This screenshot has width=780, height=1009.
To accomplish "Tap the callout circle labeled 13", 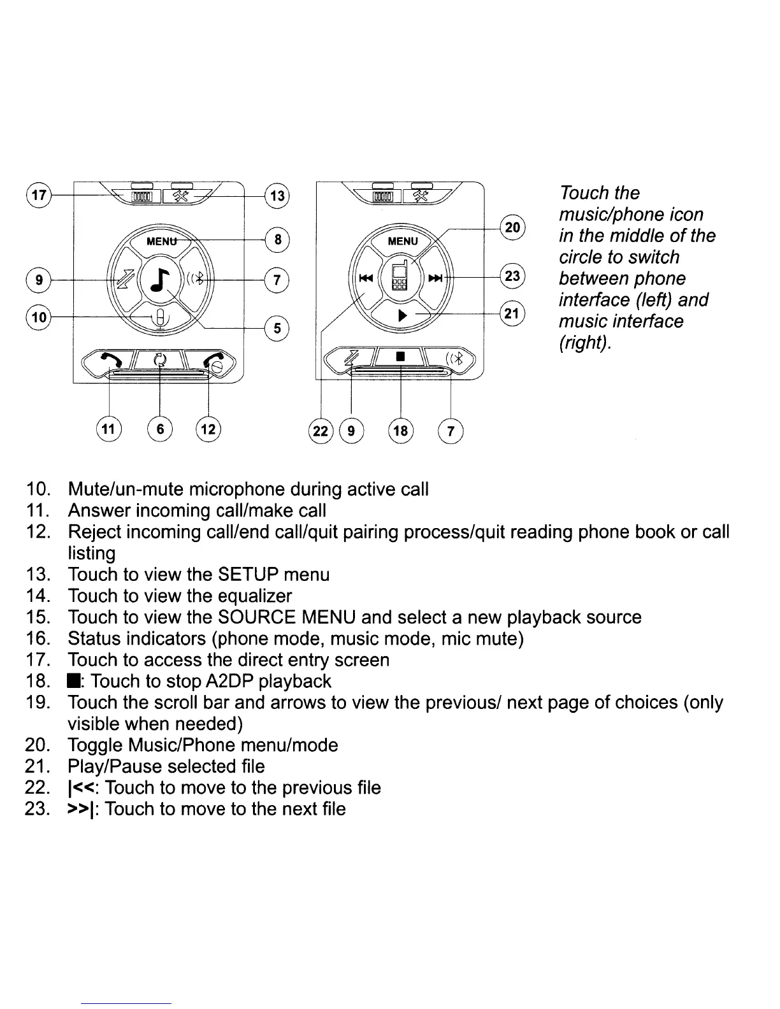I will click(x=277, y=196).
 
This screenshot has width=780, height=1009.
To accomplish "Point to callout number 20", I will click(x=512, y=227).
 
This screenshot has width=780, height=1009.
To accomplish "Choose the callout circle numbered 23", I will click(x=512, y=276).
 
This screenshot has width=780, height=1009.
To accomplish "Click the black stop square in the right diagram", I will click(x=400, y=357).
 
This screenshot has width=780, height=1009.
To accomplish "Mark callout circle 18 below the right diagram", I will click(x=400, y=431).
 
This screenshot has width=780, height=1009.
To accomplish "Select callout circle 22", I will click(x=321, y=431).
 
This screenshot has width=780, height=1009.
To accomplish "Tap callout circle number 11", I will click(x=109, y=429).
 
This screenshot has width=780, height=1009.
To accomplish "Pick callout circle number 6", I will click(x=160, y=429).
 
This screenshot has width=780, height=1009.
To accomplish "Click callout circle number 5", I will click(x=277, y=329).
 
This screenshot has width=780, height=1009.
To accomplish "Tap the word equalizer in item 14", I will click(x=254, y=596).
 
